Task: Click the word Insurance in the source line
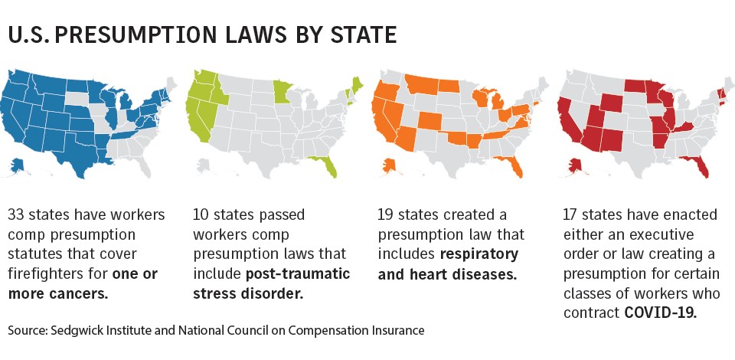(x=397, y=330)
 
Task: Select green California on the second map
(x=194, y=122)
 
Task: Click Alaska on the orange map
(x=385, y=164)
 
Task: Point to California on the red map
(x=565, y=122)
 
